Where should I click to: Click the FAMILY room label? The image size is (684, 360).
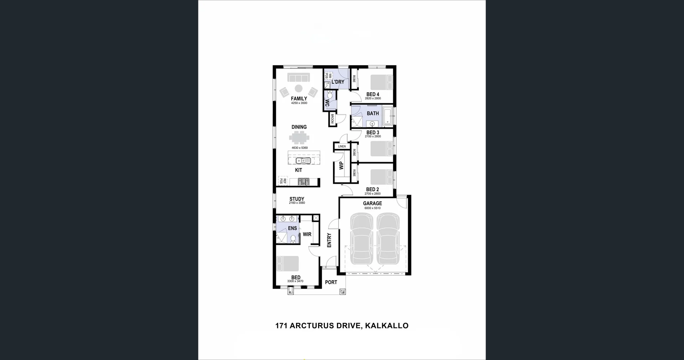(299, 99)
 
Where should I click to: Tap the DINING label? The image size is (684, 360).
(299, 127)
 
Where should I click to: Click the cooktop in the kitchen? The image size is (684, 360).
(304, 182)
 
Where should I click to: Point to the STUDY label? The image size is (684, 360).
(297, 199)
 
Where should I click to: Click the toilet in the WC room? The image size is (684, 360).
(330, 96)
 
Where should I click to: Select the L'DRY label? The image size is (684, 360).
(338, 82)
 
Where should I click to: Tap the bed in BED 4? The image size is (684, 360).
(381, 82)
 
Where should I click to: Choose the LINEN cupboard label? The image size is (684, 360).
(342, 146)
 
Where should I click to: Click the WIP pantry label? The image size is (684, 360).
(341, 166)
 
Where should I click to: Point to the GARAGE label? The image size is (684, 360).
(372, 204)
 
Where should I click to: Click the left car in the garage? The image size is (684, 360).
(361, 239)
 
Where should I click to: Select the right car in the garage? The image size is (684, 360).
(388, 239)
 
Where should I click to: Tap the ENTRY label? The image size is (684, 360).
(329, 240)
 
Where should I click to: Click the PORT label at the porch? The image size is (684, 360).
(331, 282)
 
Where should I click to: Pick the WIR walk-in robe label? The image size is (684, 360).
(307, 234)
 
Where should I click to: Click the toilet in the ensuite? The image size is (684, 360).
(293, 238)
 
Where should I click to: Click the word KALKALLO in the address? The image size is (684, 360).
(387, 326)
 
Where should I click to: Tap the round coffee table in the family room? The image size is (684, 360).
(299, 88)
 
